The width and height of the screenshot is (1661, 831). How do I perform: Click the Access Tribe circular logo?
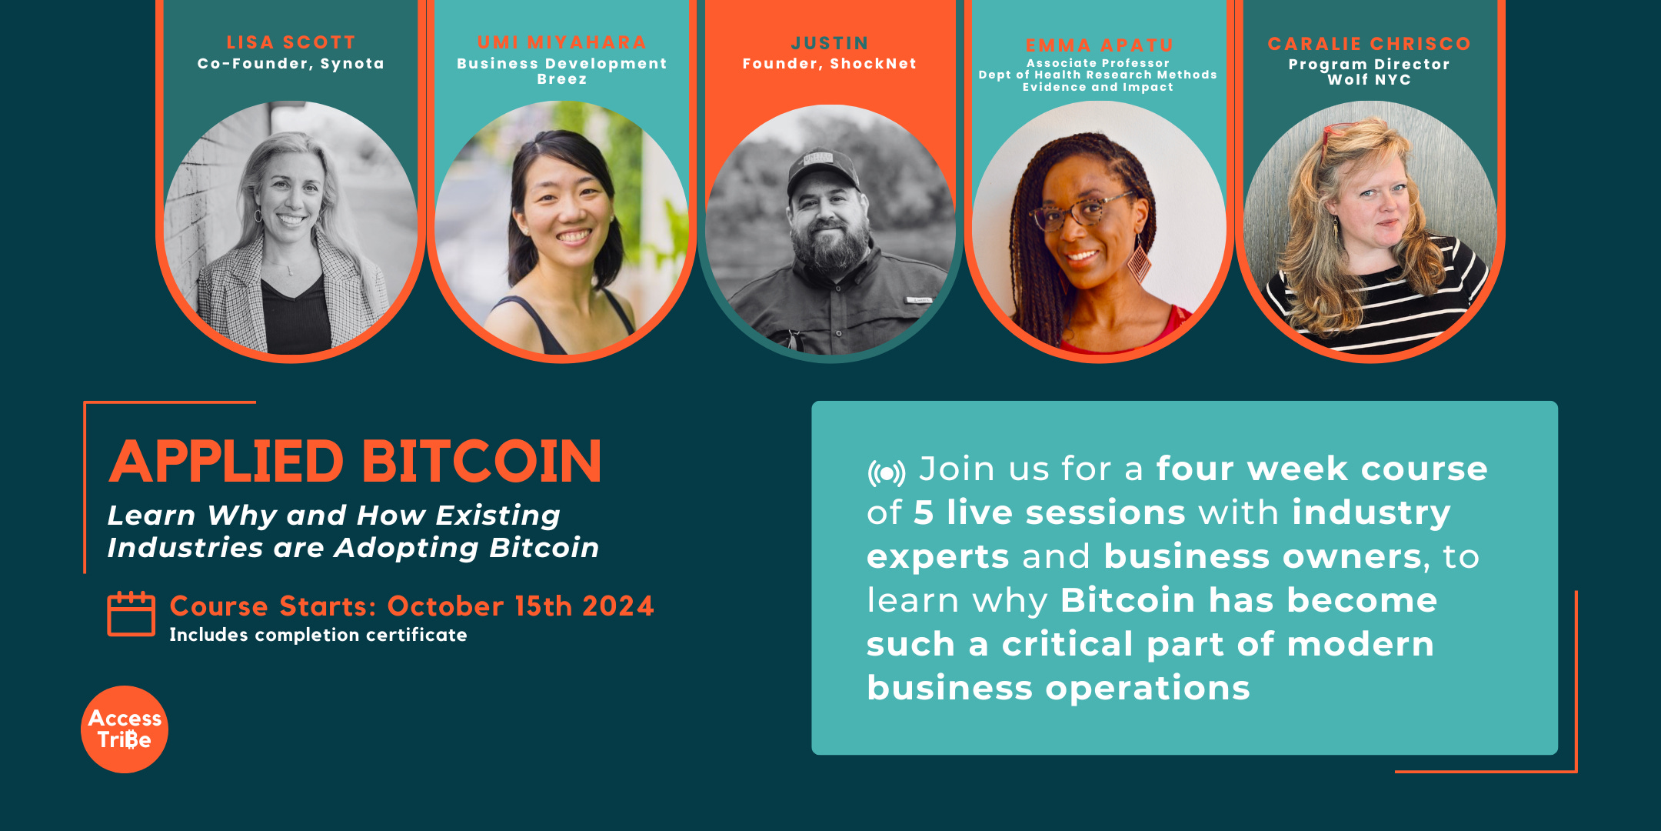(124, 729)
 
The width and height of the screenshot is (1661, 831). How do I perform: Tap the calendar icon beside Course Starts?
(131, 614)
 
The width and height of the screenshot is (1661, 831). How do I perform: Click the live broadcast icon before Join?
(887, 472)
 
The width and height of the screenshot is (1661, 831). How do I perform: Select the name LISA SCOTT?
(291, 42)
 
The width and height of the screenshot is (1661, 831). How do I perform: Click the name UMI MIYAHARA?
(561, 42)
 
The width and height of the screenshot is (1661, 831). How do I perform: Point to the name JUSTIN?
(830, 43)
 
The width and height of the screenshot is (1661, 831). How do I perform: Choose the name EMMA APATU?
(1099, 45)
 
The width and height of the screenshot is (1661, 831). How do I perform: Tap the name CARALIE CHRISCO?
(1369, 44)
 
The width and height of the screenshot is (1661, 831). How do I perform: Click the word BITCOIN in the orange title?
(481, 462)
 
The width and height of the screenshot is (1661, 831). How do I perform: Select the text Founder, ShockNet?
(830, 64)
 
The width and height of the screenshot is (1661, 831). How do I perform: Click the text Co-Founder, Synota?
(291, 64)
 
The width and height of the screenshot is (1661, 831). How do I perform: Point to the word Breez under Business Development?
(561, 79)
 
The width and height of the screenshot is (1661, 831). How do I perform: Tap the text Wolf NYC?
(1369, 79)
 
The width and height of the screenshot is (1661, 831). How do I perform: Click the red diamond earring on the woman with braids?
(1138, 262)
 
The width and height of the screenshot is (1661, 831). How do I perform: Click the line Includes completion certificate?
(318, 635)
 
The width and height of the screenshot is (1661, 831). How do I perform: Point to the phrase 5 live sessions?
(1049, 512)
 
